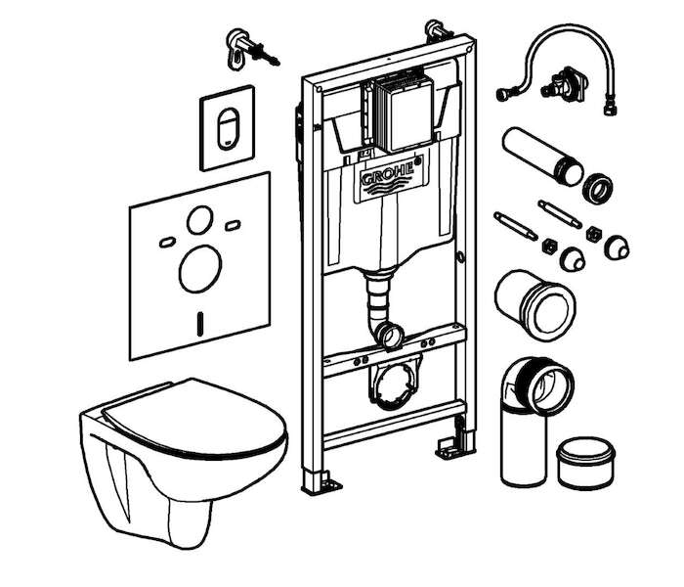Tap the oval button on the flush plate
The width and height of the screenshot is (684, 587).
point(229,129)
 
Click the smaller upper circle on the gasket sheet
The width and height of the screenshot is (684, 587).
point(200,220)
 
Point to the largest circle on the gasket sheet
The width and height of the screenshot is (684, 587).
point(200,269)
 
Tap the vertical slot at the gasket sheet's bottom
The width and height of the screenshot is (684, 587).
point(200,324)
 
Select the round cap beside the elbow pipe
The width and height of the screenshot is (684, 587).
point(586,464)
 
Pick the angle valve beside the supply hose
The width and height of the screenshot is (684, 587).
point(564,83)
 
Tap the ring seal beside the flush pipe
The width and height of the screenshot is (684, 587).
point(597,188)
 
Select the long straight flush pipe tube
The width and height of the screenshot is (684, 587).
point(542,157)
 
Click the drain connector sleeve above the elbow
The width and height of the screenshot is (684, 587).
point(534,304)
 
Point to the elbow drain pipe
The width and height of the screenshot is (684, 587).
point(533,420)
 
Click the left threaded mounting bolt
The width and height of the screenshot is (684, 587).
point(515,225)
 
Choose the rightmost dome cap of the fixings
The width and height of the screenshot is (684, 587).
point(617,248)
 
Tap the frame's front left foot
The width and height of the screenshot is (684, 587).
point(321,481)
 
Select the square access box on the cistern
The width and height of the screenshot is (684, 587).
point(405,113)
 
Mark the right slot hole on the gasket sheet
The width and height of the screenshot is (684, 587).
point(233,226)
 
